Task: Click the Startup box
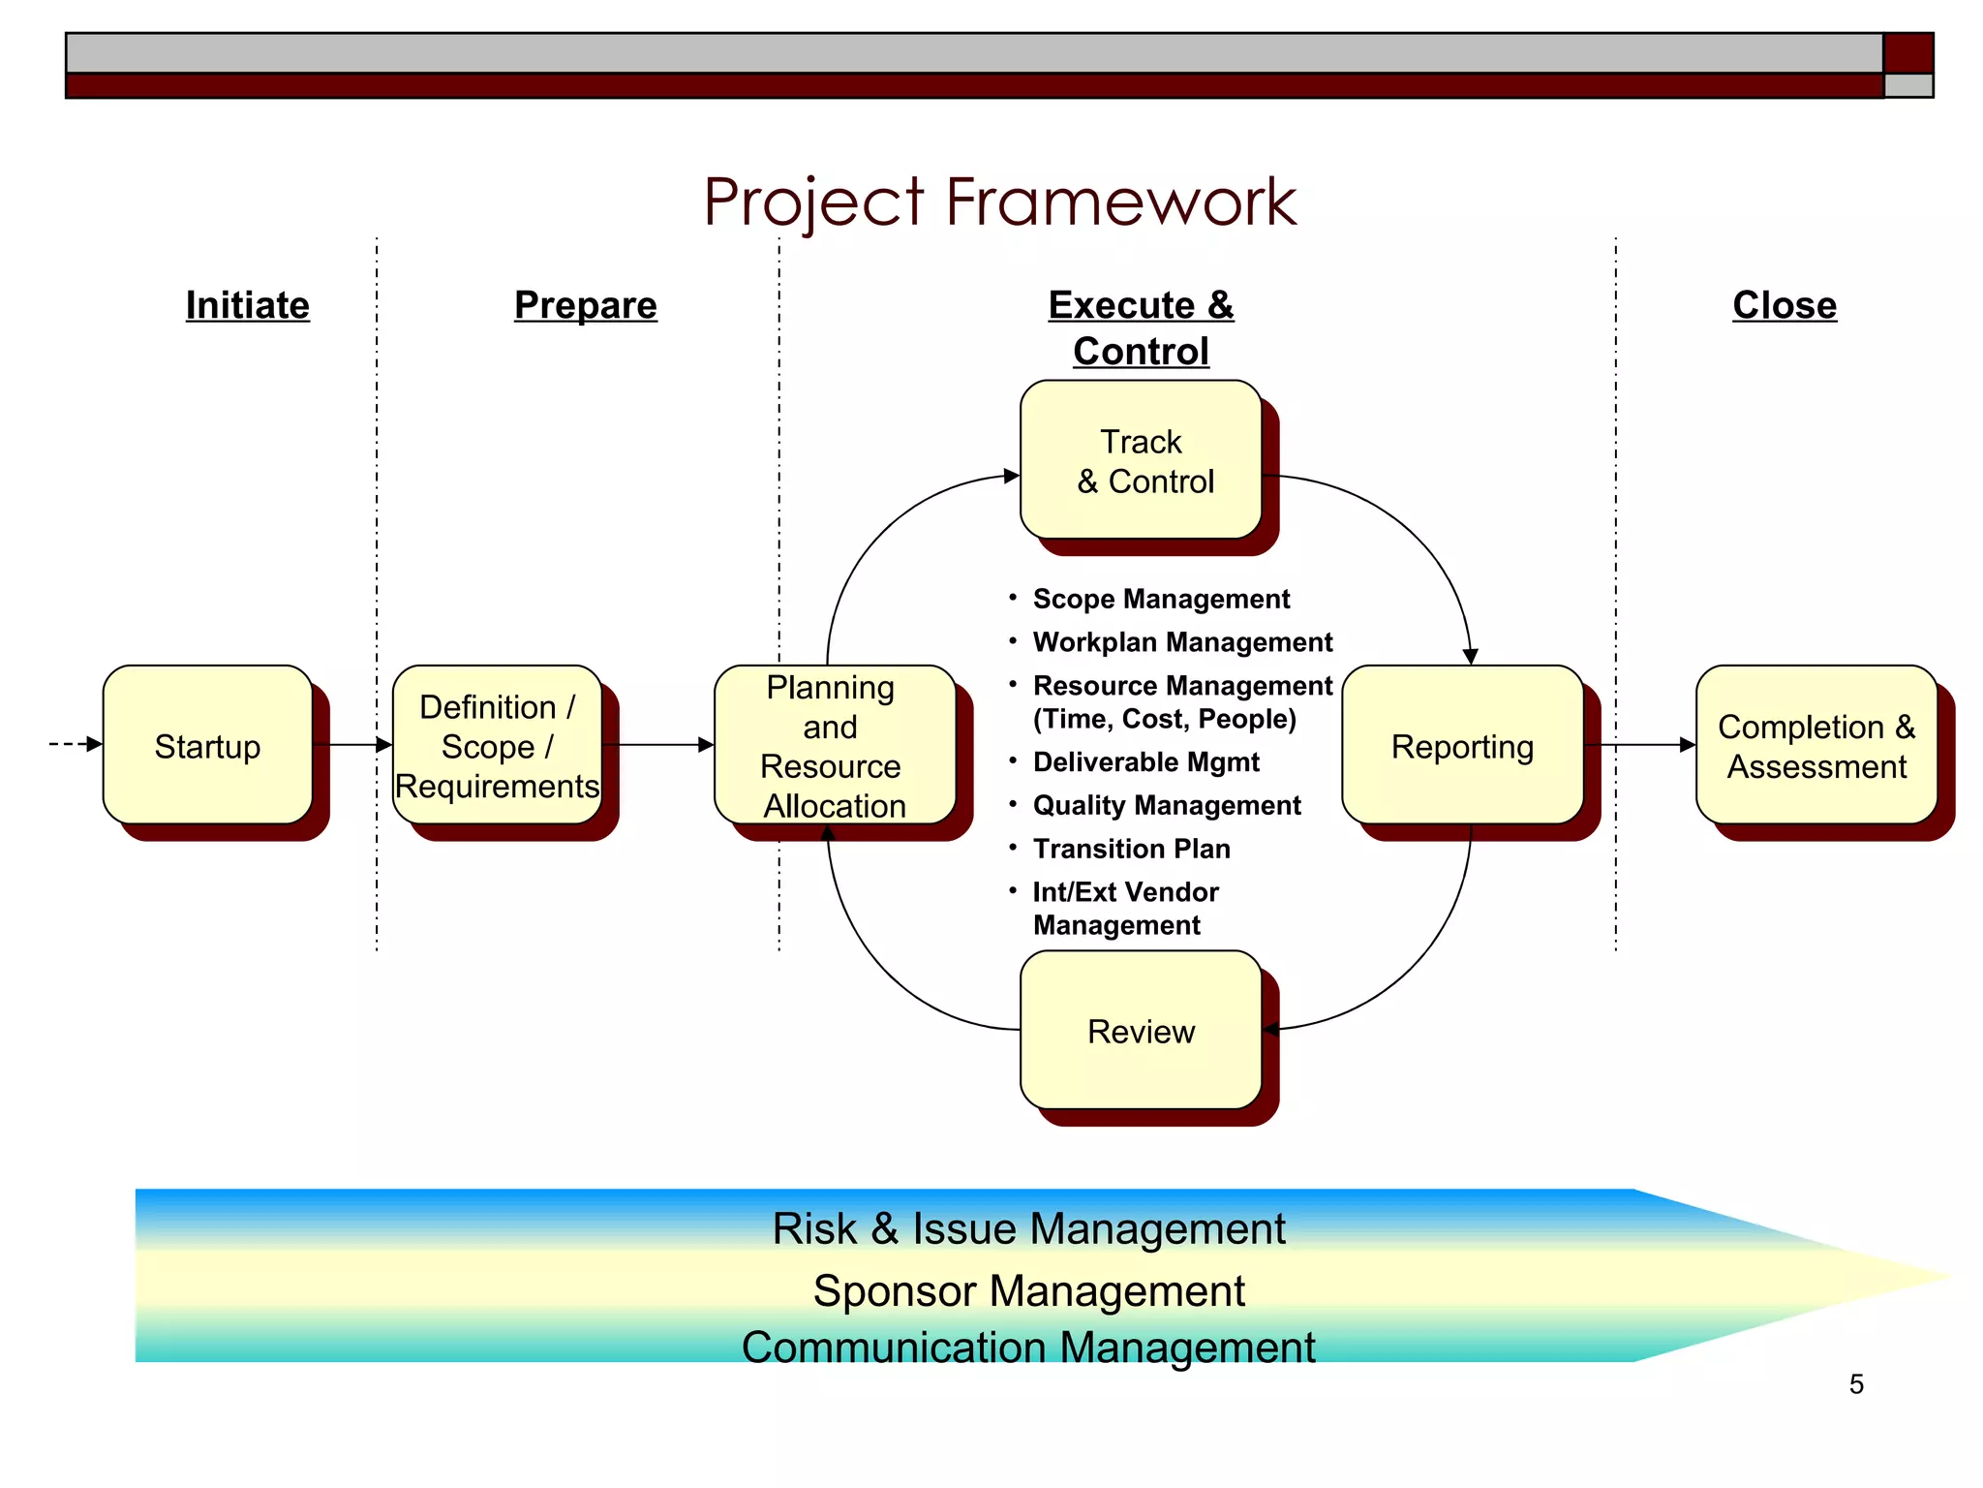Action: [207, 745]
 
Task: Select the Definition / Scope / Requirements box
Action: [497, 745]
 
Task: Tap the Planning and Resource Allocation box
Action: [834, 745]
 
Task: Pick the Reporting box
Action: [1462, 745]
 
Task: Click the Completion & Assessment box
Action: [1815, 745]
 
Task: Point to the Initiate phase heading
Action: [248, 305]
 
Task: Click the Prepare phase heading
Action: [586, 305]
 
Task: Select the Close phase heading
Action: [1784, 305]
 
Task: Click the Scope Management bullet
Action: [1161, 599]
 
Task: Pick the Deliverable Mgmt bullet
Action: [1145, 761]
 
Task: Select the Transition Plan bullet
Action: [1131, 849]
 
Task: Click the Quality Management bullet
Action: [1167, 805]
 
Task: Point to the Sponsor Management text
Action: [1028, 1290]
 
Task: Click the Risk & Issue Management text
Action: [1028, 1228]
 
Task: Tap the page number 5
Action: [1855, 1383]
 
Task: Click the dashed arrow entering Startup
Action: [75, 744]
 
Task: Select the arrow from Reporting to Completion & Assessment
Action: [1640, 744]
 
